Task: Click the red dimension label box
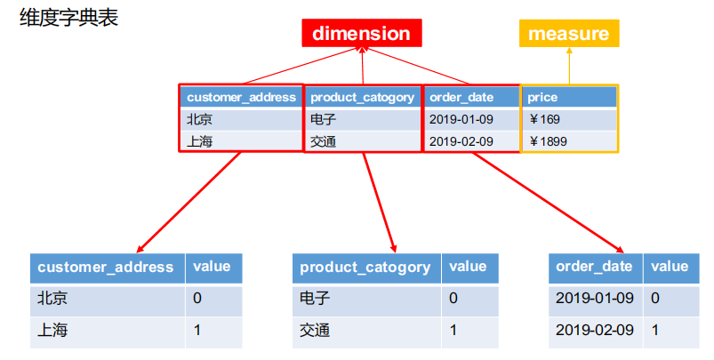point(362,33)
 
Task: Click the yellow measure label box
point(569,33)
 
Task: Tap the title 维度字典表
point(69,17)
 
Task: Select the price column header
point(542,98)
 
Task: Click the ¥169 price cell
point(544,119)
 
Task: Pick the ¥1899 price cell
point(549,141)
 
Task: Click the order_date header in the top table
point(461,98)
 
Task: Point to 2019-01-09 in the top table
point(461,119)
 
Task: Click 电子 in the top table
point(324,119)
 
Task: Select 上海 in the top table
point(199,141)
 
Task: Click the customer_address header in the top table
point(241,98)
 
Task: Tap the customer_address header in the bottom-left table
point(106,268)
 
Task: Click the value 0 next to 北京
point(197,298)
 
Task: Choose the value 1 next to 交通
point(453,330)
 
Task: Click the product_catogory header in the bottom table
point(365,268)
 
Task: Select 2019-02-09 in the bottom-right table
point(595,330)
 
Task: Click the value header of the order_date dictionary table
point(670,267)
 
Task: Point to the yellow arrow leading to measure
point(569,66)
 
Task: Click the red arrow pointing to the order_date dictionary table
point(549,203)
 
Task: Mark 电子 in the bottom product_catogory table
point(314,298)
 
